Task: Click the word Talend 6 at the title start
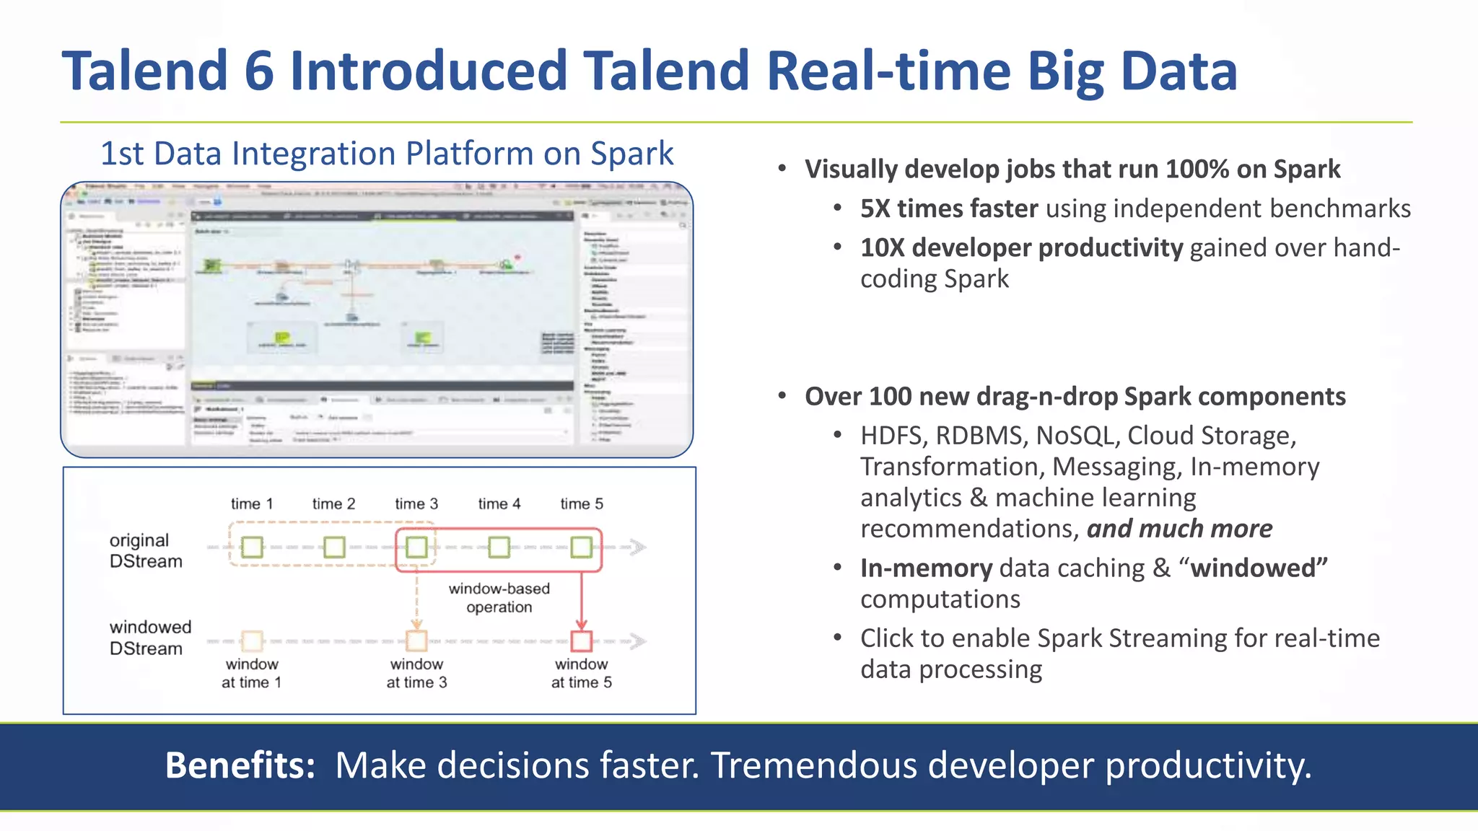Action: tap(167, 71)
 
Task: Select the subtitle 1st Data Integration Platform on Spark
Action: tap(386, 154)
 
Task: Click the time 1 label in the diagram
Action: tap(251, 504)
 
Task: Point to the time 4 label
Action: tap(499, 504)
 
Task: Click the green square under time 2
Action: tap(334, 547)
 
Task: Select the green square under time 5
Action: tap(582, 547)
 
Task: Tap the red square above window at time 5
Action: tap(582, 641)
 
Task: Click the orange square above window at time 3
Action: tap(416, 641)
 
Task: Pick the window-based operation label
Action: tap(499, 597)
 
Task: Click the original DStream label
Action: tap(145, 550)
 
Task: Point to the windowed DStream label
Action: tap(149, 637)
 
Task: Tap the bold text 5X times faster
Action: tap(948, 208)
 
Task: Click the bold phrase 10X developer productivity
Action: tap(1020, 247)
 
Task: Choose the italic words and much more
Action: tap(1179, 529)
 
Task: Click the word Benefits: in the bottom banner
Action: tap(240, 765)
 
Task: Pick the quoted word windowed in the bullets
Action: tap(1258, 568)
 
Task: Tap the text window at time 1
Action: tap(251, 673)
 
